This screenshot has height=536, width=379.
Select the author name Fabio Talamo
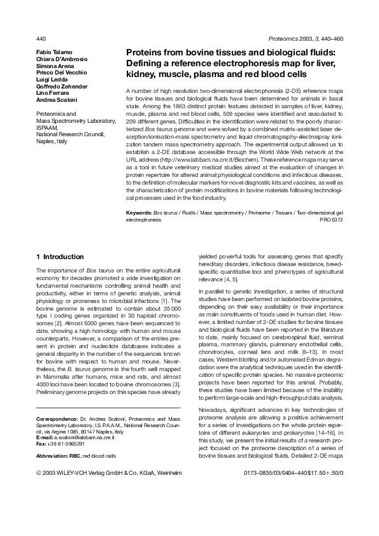(55, 52)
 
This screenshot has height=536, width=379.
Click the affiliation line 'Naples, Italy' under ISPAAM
(52, 141)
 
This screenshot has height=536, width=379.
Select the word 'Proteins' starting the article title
(143, 53)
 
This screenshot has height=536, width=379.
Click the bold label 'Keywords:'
(139, 211)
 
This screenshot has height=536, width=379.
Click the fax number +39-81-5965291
(66, 444)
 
